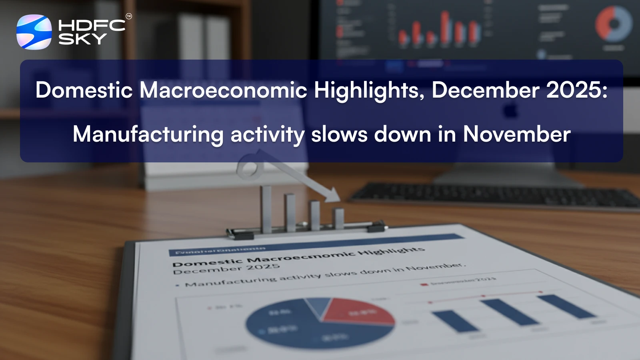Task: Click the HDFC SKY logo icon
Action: (x=34, y=32)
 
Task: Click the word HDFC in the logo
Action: (x=92, y=26)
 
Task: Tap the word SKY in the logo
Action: (x=82, y=39)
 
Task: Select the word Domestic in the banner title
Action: (x=84, y=90)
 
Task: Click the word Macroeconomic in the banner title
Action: (x=223, y=90)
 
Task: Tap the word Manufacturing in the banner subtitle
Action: (x=148, y=134)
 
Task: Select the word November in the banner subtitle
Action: (x=516, y=134)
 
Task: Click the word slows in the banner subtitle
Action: (x=339, y=134)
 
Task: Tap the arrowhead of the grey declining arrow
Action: (x=332, y=195)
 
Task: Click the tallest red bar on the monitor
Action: (x=445, y=26)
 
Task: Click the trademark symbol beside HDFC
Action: (x=128, y=16)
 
